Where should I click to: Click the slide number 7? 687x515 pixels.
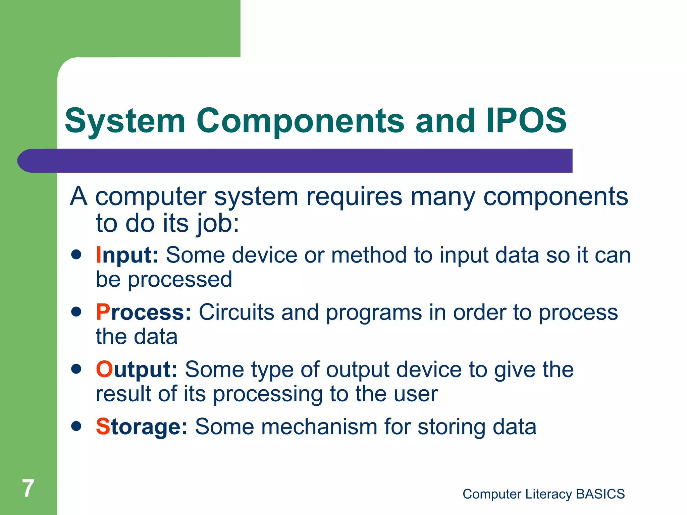pyautogui.click(x=28, y=488)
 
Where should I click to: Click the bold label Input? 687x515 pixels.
pyautogui.click(x=127, y=255)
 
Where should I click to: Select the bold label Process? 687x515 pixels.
pyautogui.click(x=144, y=312)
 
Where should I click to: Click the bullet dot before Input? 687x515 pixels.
pyautogui.click(x=76, y=254)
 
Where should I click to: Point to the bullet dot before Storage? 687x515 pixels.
pyautogui.click(x=76, y=426)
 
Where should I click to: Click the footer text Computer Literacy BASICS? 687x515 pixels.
pyautogui.click(x=543, y=494)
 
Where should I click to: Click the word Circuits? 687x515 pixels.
pyautogui.click(x=236, y=312)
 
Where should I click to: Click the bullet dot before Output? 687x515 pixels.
pyautogui.click(x=76, y=369)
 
